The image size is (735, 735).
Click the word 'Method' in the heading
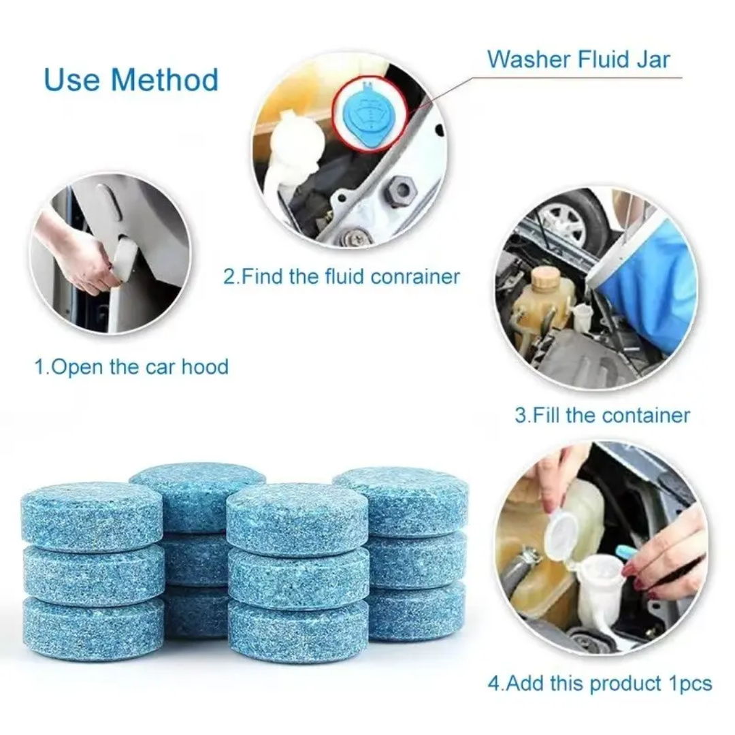(x=165, y=80)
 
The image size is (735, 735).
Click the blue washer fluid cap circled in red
(x=369, y=115)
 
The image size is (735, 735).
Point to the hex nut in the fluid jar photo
(x=400, y=191)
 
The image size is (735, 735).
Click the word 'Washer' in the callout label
(x=528, y=59)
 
